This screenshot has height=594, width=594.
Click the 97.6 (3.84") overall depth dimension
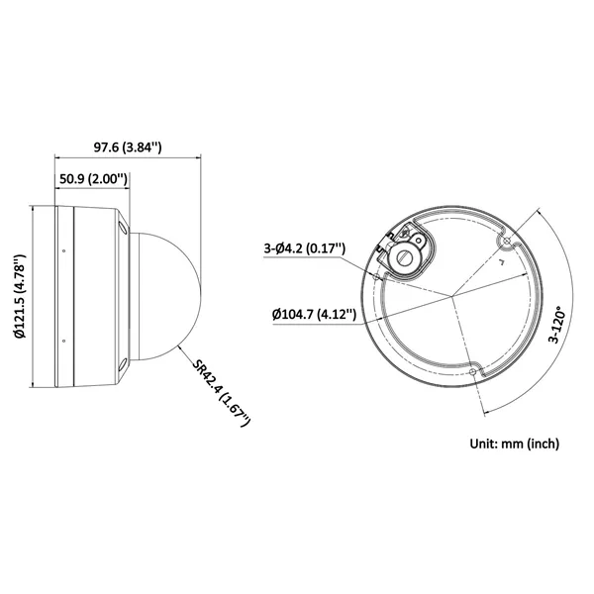128,148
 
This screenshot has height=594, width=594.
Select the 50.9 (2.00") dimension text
92,179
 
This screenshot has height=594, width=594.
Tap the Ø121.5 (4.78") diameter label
21,296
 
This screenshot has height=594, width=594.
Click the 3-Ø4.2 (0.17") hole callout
305,248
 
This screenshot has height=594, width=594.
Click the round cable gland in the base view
405,257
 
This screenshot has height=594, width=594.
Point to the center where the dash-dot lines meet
452,296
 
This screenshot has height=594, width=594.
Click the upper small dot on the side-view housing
64,249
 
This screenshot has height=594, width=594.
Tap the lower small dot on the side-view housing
64,342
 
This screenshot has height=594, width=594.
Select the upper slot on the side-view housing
122,227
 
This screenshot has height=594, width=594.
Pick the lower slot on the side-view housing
122,367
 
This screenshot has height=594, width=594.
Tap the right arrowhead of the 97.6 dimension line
196,156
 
